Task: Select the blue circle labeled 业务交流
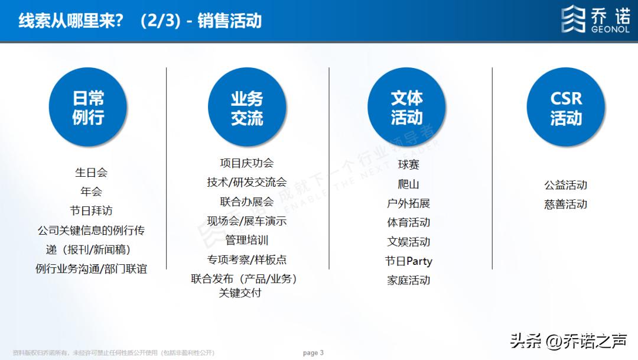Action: tap(247, 107)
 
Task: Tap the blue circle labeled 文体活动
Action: tap(406, 107)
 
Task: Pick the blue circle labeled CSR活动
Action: tap(566, 107)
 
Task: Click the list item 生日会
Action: tap(91, 173)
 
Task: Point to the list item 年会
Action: tap(91, 192)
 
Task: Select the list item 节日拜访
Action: tap(91, 210)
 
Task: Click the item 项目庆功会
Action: tap(247, 163)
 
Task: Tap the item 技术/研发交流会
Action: tap(247, 182)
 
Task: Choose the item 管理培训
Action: tap(247, 240)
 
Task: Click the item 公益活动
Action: tap(566, 185)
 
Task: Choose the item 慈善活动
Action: tap(566, 205)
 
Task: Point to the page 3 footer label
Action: tap(313, 353)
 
